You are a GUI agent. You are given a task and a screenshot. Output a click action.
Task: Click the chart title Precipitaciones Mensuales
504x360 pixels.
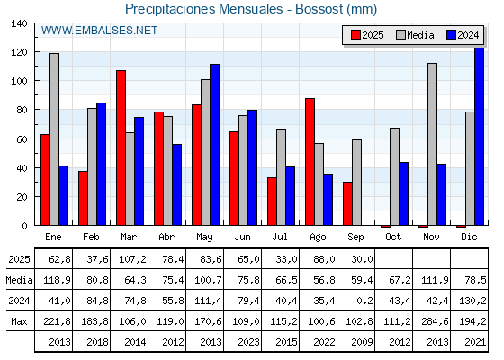point(203,9)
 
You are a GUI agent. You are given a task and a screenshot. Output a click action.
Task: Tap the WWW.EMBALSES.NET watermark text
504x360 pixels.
point(99,31)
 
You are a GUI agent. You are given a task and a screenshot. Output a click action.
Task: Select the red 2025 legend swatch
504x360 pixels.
point(355,35)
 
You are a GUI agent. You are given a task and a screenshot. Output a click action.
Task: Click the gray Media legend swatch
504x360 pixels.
point(400,35)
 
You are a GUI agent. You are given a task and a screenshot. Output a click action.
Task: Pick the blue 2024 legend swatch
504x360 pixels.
point(451,35)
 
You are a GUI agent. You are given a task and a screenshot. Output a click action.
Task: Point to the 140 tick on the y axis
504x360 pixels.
point(19,23)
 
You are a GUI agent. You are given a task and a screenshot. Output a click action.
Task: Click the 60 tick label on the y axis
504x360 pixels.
point(22,139)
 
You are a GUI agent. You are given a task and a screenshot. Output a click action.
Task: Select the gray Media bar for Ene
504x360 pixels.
point(54,139)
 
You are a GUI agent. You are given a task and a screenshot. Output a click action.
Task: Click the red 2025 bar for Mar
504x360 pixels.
point(121,148)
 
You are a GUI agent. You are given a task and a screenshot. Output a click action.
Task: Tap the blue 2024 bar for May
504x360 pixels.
point(215,145)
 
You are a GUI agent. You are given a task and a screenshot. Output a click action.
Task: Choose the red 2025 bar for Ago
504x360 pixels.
point(310,162)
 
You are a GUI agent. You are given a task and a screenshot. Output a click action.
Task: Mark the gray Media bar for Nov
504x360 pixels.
point(432,144)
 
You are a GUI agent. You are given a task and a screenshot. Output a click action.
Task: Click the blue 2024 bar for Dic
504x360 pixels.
point(479,136)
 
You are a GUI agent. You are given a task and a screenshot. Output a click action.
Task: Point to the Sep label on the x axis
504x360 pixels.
point(355,238)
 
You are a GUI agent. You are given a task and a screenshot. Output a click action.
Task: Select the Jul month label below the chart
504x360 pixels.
point(280,237)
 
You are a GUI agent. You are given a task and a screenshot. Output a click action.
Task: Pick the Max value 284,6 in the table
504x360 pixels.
point(435,321)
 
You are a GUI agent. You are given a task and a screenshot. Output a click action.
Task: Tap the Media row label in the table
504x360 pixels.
point(19,280)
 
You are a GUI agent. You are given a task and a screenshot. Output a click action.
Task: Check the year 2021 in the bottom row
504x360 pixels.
point(475,342)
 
